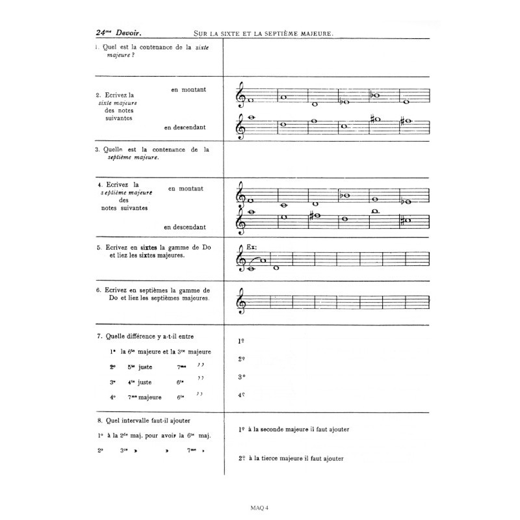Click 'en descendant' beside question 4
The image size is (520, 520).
point(185,227)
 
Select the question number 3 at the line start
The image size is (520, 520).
point(96,149)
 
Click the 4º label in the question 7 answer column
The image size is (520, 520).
point(241,395)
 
